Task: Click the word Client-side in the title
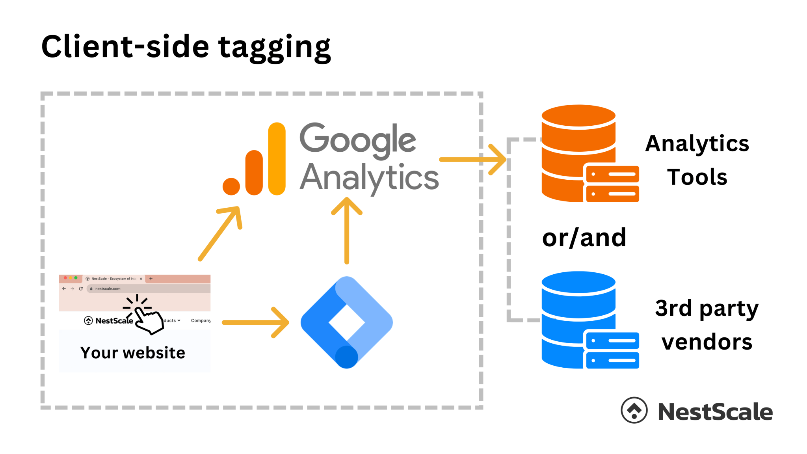pos(125,47)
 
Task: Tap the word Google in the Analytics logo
pos(357,139)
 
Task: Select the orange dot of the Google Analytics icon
pos(231,186)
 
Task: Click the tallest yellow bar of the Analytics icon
pos(277,158)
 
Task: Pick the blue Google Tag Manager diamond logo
pos(346,322)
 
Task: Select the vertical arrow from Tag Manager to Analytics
pos(347,231)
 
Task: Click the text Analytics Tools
pos(697,160)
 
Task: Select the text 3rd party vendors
pos(707,325)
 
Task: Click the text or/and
pos(584,238)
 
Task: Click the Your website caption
pos(132,353)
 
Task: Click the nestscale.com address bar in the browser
pos(150,288)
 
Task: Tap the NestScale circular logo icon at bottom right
pos(634,410)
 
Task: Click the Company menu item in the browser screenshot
pos(201,320)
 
